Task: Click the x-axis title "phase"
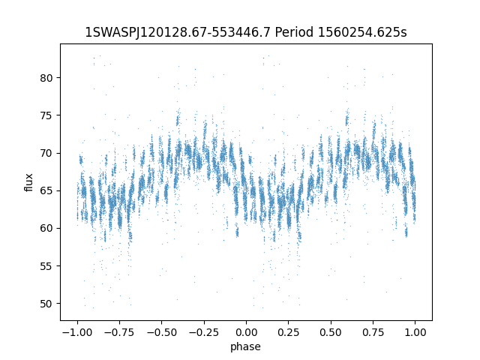tap(246, 346)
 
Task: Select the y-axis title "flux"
tap(29, 182)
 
